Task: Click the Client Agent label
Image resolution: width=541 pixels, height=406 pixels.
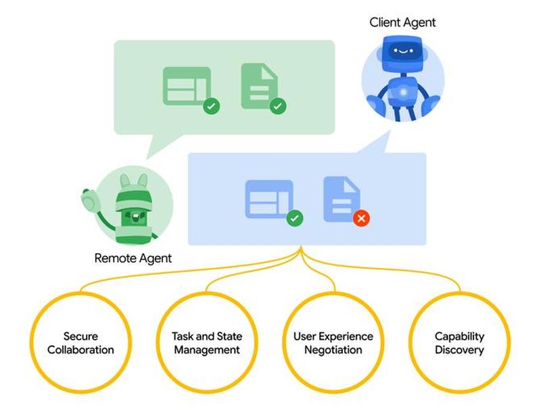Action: pos(402,23)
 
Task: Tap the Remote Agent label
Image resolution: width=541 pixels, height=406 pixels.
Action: pos(133,258)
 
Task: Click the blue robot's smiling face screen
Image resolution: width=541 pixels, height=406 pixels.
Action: pos(403,52)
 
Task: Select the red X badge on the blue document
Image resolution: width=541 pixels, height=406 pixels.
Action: pos(361,218)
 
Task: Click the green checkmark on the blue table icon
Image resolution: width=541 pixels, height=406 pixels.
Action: pos(295,218)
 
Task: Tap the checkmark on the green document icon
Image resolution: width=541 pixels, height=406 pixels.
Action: pos(278,106)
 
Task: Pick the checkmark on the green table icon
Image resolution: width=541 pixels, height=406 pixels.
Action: pos(212,106)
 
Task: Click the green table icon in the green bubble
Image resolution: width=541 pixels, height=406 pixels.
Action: pos(187,86)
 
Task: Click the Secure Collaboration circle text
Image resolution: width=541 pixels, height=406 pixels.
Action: pos(80,343)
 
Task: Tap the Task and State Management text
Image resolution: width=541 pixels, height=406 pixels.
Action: pos(207,343)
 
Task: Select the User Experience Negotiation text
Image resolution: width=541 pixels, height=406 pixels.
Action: pos(333,343)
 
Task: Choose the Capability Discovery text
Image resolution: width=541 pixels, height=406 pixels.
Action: pos(460,343)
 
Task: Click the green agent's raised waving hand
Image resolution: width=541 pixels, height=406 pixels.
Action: pos(91,200)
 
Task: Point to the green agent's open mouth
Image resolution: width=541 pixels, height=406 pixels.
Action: pos(135,217)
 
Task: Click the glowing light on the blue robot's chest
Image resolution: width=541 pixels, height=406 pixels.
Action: pos(403,92)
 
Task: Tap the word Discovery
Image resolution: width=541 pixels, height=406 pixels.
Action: pos(460,350)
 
